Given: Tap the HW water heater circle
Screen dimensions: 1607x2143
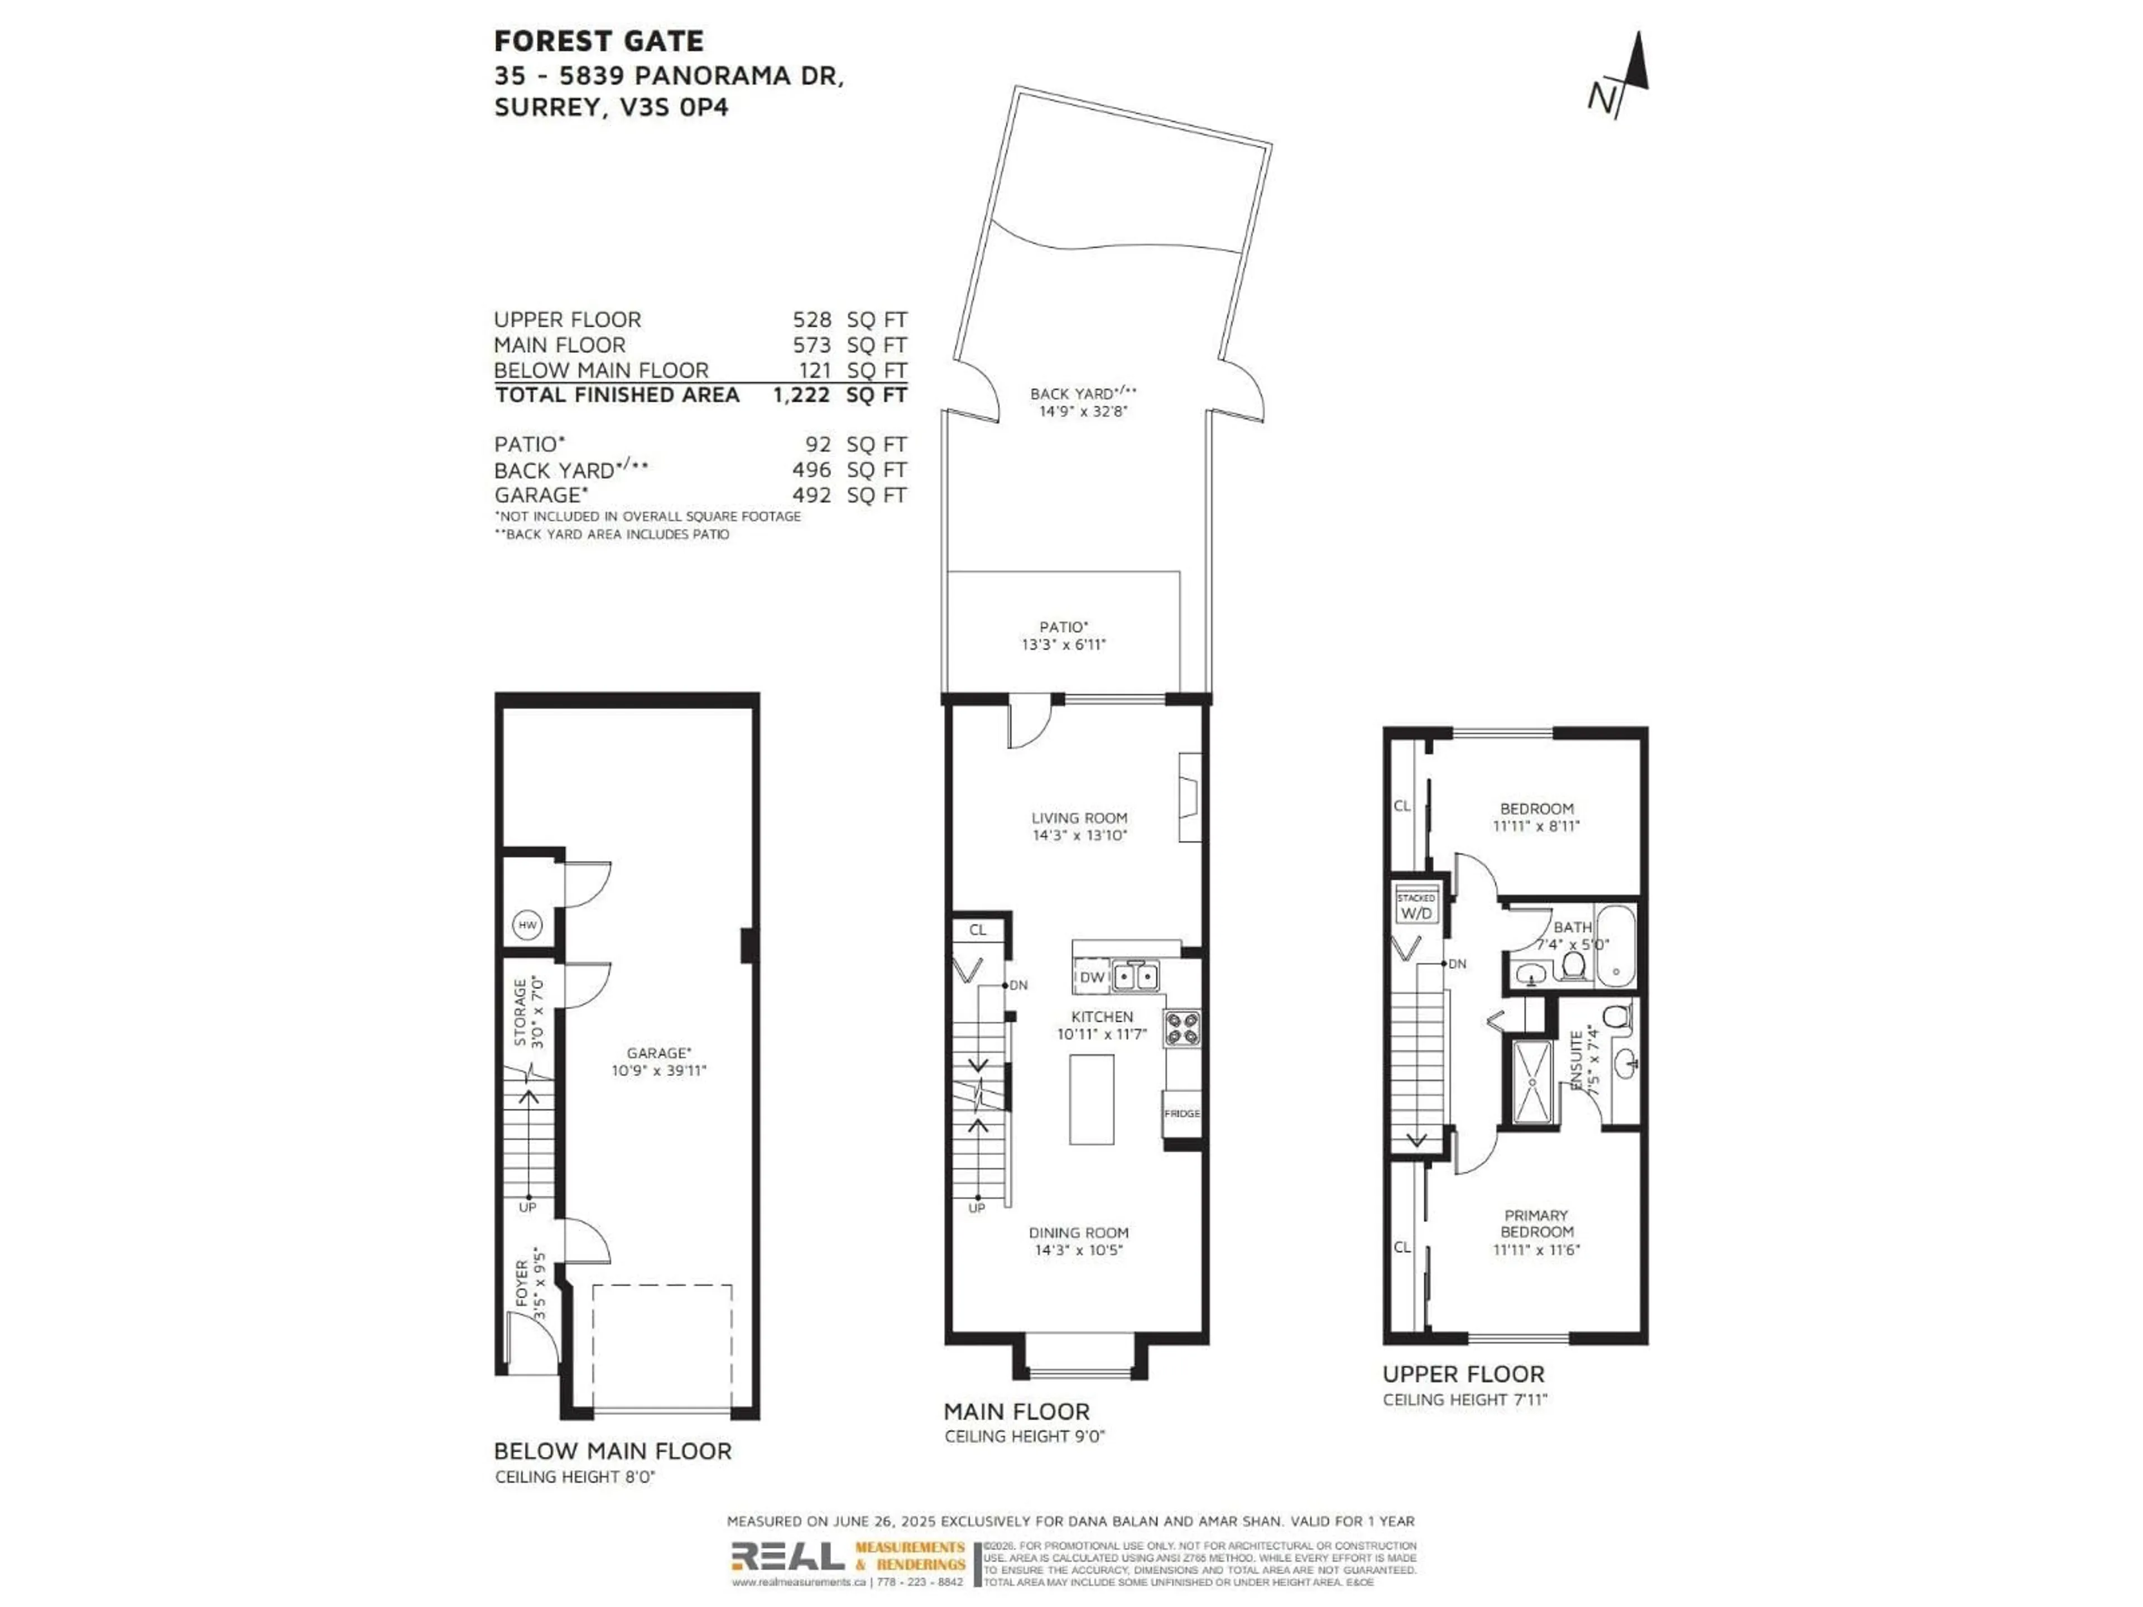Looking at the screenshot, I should point(527,925).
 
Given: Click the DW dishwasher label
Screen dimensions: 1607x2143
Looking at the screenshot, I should point(1092,978).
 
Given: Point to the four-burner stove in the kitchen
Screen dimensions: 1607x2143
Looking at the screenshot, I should point(1182,1028).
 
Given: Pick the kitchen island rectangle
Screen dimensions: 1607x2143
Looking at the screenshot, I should point(1092,1099).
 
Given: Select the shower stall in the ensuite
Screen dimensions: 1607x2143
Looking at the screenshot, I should point(1532,1081).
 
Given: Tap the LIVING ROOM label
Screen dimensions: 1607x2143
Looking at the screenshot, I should point(1078,817).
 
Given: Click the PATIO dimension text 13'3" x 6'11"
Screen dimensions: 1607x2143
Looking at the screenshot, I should point(1064,644).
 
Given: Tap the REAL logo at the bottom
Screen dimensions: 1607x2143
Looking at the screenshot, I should point(787,1556).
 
